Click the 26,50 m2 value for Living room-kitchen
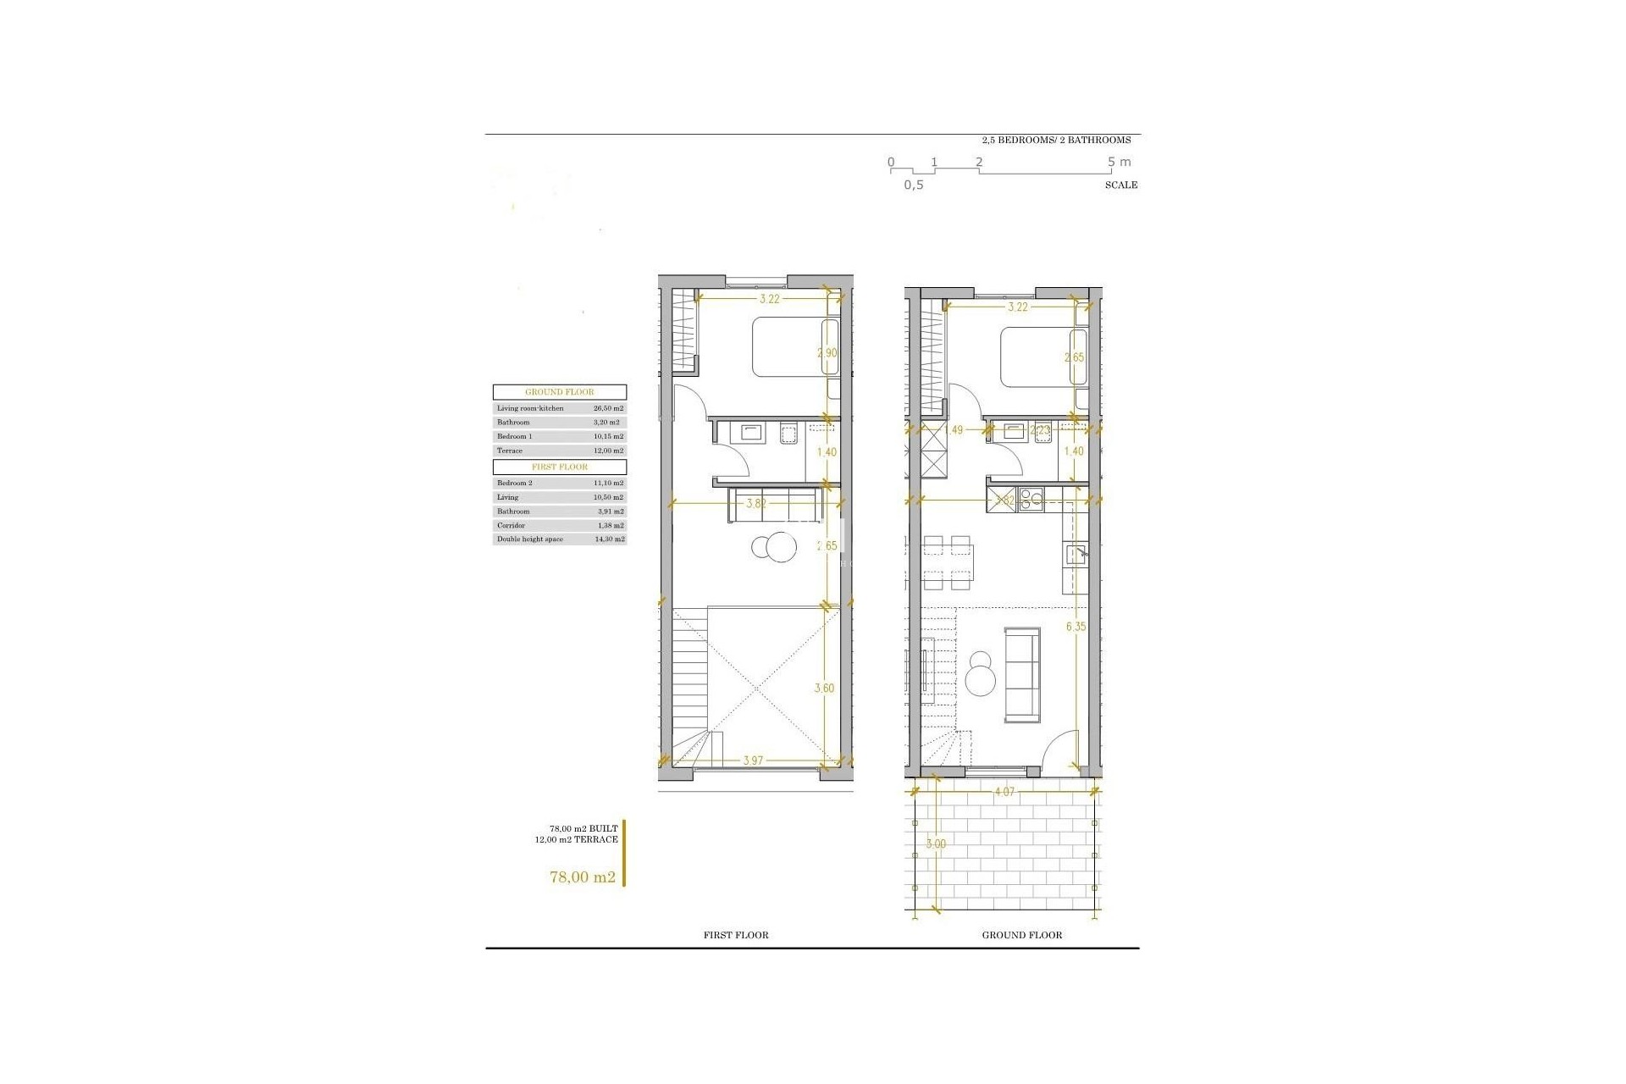(608, 408)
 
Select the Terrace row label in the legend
(510, 451)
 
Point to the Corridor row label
(511, 525)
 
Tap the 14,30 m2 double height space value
(608, 539)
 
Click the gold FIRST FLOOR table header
(560, 467)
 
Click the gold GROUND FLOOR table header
(560, 392)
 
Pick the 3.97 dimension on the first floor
(753, 760)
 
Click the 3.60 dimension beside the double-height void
(824, 689)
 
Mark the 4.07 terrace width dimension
(1004, 792)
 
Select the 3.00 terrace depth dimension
(936, 844)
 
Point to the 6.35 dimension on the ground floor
(1076, 627)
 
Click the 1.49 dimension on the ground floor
(954, 430)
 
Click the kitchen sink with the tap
(1076, 556)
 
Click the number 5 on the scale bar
(1112, 162)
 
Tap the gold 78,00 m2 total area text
(583, 877)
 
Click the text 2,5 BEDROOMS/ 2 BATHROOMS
(1056, 140)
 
